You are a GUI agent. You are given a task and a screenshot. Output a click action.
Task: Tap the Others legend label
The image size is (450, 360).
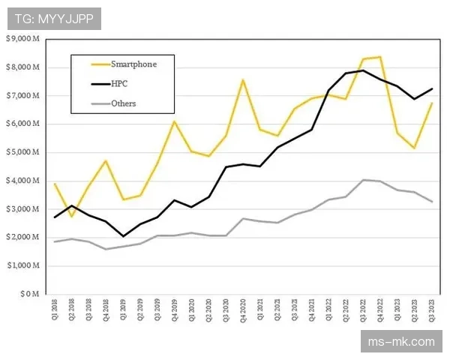click(x=123, y=103)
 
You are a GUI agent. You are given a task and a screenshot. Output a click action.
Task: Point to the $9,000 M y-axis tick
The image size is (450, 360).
click(x=22, y=39)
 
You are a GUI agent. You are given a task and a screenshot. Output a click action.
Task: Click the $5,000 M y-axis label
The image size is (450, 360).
click(x=22, y=152)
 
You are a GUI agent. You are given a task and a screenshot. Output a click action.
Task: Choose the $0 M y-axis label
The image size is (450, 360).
click(x=29, y=294)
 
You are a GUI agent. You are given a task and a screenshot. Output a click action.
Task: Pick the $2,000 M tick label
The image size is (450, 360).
click(x=22, y=237)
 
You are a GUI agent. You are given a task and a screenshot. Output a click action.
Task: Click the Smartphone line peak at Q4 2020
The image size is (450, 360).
click(x=243, y=79)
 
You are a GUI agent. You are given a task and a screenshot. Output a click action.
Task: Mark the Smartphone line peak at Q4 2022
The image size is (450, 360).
click(x=380, y=57)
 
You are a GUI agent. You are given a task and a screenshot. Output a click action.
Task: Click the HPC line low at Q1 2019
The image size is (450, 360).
click(x=123, y=236)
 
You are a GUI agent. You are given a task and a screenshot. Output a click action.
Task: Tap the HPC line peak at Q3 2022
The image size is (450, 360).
click(x=363, y=70)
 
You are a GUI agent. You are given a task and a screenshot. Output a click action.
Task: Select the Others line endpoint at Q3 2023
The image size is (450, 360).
click(x=432, y=202)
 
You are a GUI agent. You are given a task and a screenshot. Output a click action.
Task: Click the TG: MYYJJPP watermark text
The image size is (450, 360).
click(x=54, y=19)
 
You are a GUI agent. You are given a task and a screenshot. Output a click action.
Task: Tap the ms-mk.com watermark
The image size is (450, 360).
click(x=402, y=343)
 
